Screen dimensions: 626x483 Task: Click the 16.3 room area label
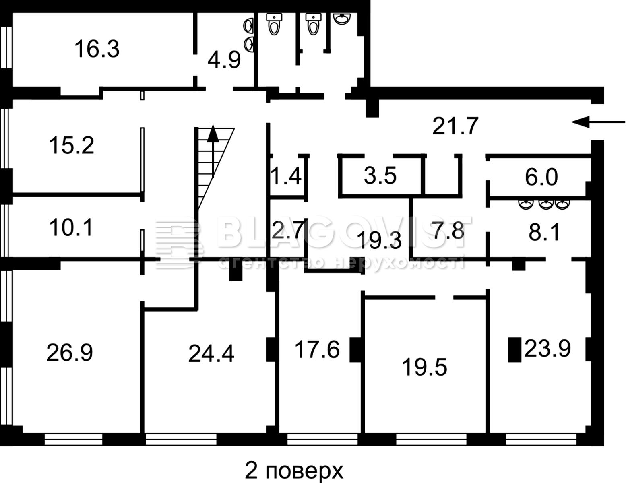pos(97,49)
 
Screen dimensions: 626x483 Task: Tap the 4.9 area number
pos(224,60)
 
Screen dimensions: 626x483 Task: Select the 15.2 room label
pos(72,145)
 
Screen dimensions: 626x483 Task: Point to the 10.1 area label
pos(71,227)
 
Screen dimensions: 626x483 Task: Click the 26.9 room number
pos(70,353)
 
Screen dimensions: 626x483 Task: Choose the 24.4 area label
pos(211,354)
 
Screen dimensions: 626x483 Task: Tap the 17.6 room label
pos(317,349)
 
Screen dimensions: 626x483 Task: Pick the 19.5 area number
pos(424,367)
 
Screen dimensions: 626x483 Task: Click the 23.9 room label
pos(547,348)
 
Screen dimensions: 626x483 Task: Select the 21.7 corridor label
pos(455,126)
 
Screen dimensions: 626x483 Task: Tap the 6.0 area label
pos(541,177)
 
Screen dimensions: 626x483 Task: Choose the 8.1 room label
pos(544,232)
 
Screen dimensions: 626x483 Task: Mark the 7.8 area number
pos(448,230)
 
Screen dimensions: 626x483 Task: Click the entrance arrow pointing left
pos(598,122)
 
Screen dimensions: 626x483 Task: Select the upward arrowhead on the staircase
pos(213,133)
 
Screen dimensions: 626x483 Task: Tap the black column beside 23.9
pos(514,349)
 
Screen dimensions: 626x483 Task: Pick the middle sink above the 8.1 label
pos(545,204)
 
